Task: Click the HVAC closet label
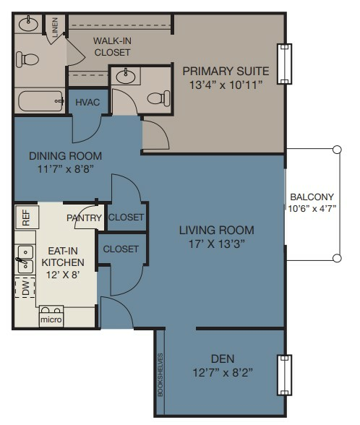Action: tap(87, 103)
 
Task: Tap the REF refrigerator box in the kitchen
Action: tap(27, 218)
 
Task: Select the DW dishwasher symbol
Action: tap(25, 288)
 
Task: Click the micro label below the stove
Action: tap(51, 319)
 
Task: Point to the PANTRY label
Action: tap(84, 218)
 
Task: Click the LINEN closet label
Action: tap(55, 27)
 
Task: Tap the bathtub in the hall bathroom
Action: tap(40, 101)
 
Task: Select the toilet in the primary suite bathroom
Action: tap(158, 98)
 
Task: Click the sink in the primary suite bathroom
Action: tap(126, 77)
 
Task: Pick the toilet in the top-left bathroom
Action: tap(27, 59)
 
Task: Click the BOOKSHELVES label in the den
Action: tap(160, 374)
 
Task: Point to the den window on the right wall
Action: tap(284, 375)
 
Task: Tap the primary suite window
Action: tap(284, 64)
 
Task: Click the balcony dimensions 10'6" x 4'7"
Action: tap(312, 209)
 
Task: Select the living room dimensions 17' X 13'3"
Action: tap(216, 244)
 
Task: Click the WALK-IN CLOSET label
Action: tap(112, 46)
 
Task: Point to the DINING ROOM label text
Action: tap(65, 156)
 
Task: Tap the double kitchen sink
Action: tap(25, 259)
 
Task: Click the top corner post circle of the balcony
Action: tap(337, 150)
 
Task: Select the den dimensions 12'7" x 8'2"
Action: tap(223, 373)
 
